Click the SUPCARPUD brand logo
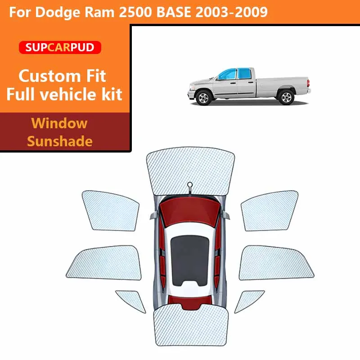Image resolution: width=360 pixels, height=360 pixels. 60,47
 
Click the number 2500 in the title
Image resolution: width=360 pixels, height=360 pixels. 135,12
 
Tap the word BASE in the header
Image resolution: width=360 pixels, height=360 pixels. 174,12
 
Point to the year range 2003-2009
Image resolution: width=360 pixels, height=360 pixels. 231,12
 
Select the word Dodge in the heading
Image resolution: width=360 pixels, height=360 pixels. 58,13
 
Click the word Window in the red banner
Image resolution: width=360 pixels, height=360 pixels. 59,123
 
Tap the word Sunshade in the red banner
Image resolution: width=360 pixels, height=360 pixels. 60,141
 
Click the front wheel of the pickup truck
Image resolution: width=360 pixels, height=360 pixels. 203,98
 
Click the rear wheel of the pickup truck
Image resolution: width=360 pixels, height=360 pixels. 286,97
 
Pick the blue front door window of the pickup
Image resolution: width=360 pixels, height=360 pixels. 227,74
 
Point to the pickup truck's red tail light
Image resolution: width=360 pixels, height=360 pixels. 308,83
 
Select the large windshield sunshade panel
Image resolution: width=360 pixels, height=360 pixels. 190,171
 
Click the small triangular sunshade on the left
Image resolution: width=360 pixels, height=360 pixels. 131,301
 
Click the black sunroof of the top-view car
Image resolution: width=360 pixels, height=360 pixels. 190,261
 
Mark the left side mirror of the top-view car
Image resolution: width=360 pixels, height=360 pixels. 154,216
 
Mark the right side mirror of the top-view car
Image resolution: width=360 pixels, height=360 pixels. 225,216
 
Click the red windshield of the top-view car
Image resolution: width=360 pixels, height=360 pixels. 190,211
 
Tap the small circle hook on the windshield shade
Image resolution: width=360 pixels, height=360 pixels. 190,184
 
